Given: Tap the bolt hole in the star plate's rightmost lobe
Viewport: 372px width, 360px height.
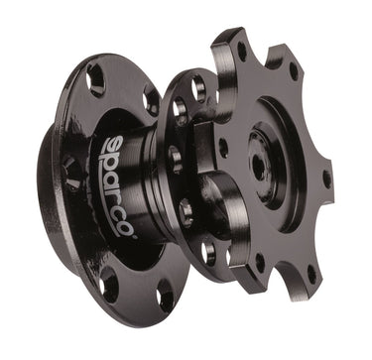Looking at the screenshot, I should pyautogui.click(x=327, y=180).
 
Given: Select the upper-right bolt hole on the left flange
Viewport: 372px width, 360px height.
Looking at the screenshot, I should pyautogui.click(x=150, y=100).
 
